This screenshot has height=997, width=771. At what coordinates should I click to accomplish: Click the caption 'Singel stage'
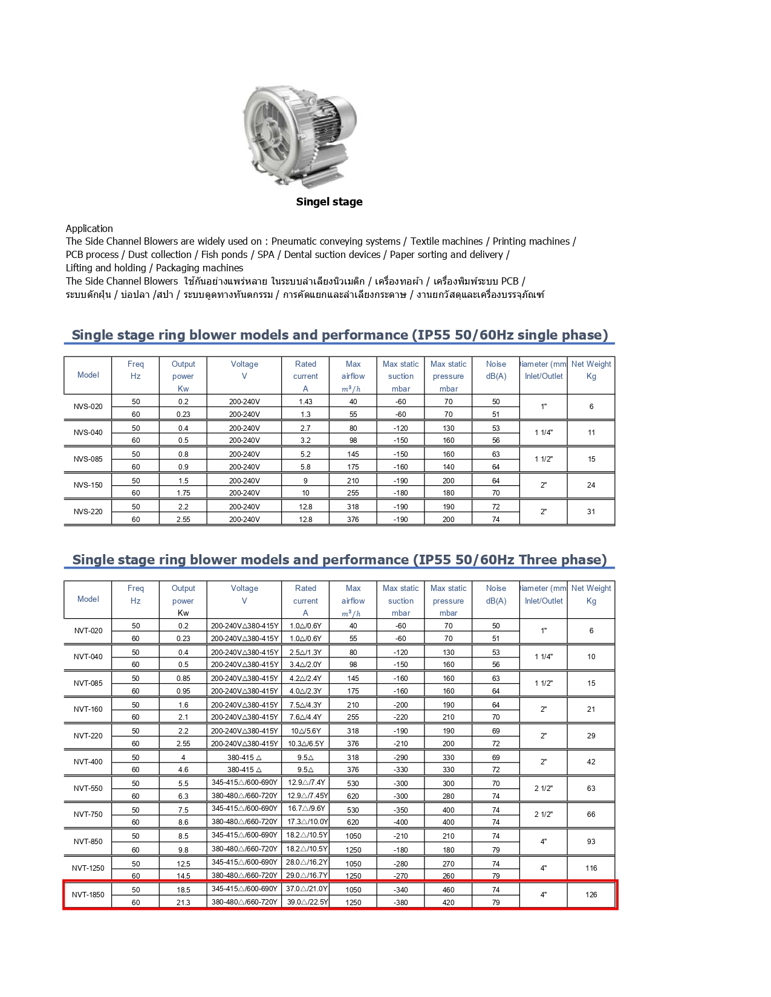(x=329, y=202)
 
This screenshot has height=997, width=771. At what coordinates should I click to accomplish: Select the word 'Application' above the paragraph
(x=89, y=228)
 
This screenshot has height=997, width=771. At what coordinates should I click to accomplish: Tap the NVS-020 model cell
(x=88, y=407)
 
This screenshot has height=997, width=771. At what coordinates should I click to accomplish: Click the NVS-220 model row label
(x=88, y=512)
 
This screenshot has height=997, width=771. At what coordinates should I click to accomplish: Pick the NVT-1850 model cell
(x=88, y=895)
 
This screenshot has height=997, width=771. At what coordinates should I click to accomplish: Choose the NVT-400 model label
(x=88, y=762)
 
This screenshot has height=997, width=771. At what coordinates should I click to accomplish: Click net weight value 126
(x=591, y=895)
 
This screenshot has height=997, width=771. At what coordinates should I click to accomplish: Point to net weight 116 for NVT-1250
(x=591, y=868)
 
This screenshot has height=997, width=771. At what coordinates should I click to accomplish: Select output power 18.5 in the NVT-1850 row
(x=183, y=890)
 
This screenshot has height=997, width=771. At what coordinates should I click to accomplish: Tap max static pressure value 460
(x=448, y=890)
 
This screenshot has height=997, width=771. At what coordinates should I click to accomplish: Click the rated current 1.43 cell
(x=305, y=402)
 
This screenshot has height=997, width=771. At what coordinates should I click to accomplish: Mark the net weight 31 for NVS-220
(x=591, y=512)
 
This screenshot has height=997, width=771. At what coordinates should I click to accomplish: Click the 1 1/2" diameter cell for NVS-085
(x=543, y=459)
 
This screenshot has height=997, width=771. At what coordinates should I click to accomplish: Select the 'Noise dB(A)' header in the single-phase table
(x=496, y=370)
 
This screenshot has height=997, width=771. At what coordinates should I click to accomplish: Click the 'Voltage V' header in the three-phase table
(x=244, y=595)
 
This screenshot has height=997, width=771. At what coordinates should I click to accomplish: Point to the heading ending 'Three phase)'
(x=339, y=560)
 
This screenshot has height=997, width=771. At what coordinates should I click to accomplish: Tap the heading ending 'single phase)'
(x=339, y=335)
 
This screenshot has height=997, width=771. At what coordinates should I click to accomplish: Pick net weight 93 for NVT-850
(x=591, y=842)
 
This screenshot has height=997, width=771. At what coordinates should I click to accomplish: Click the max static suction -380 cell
(x=400, y=903)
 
